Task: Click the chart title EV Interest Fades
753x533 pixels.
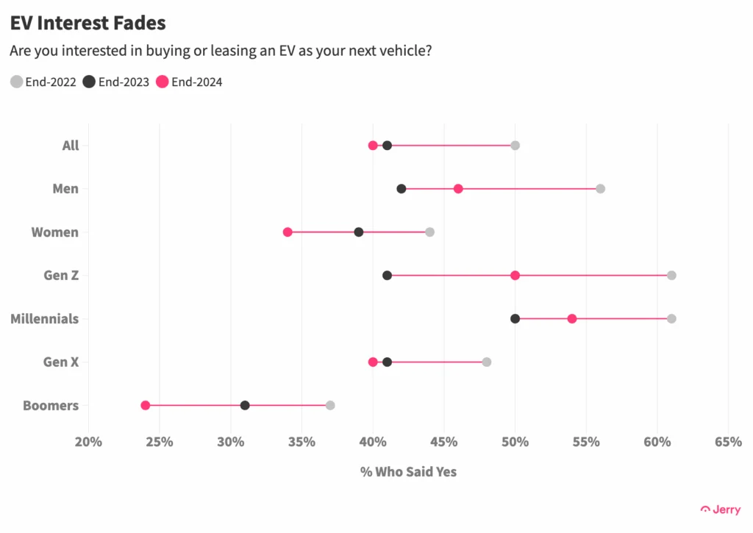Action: click(88, 23)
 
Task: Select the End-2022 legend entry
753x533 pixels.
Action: click(43, 82)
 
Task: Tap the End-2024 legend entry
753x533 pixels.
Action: click(189, 82)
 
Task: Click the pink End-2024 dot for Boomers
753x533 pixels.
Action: click(146, 405)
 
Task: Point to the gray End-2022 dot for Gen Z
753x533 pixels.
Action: click(671, 275)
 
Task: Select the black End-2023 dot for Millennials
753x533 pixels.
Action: click(515, 318)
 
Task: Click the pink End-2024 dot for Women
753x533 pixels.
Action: click(288, 232)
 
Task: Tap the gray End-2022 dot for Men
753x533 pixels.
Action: click(600, 188)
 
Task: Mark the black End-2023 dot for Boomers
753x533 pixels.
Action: click(245, 405)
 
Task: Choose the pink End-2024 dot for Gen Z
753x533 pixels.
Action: click(515, 275)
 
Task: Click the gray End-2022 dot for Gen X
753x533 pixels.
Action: click(487, 362)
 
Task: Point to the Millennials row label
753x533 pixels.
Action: click(44, 318)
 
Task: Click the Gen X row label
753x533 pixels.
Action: click(61, 362)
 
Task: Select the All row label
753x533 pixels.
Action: click(70, 145)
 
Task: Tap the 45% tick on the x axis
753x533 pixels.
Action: click(444, 442)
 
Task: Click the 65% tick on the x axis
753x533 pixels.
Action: click(728, 442)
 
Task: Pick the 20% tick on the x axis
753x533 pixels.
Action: click(88, 442)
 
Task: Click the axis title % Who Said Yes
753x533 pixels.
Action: click(408, 471)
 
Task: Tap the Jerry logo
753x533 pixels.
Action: click(721, 509)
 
